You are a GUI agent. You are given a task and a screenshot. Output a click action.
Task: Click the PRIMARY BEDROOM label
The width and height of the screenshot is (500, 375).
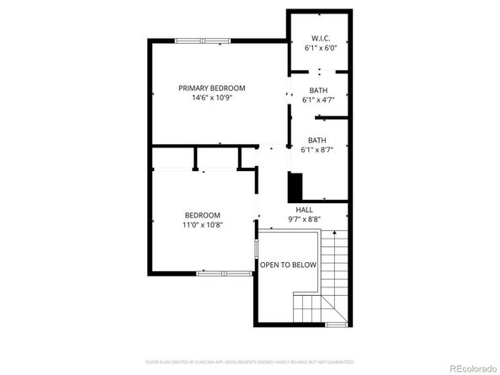click(x=211, y=88)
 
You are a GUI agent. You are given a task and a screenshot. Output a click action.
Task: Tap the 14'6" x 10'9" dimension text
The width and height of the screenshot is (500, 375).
click(x=211, y=98)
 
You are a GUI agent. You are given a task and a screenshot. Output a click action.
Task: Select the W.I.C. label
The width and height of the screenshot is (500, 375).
click(x=319, y=38)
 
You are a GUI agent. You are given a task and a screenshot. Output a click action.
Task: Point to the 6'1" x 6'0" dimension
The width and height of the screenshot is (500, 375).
click(x=319, y=48)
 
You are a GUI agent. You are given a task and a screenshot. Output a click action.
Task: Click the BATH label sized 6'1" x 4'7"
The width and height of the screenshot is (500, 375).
click(x=318, y=90)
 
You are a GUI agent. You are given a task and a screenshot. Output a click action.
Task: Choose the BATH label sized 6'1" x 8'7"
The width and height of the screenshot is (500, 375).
click(x=317, y=140)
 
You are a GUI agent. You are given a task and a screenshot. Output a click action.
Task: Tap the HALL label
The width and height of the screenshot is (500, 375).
click(x=304, y=210)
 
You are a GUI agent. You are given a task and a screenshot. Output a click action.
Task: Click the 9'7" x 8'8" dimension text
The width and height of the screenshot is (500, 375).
click(x=304, y=220)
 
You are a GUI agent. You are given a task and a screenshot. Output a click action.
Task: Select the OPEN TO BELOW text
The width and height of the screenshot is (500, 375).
click(x=288, y=265)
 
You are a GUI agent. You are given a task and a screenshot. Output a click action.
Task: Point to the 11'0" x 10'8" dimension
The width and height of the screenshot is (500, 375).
click(x=203, y=225)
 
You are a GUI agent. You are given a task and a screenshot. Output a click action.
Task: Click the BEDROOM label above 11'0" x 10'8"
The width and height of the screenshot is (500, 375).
click(x=203, y=215)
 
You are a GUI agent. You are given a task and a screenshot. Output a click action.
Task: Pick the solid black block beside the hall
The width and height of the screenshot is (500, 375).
click(x=295, y=185)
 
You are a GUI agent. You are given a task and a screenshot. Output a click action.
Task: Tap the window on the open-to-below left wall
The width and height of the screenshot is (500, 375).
click(x=257, y=250)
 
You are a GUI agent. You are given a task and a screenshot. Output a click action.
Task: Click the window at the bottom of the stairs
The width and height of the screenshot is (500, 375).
click(x=335, y=324)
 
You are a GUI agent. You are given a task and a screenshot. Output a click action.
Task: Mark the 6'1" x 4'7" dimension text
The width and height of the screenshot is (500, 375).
click(x=318, y=100)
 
